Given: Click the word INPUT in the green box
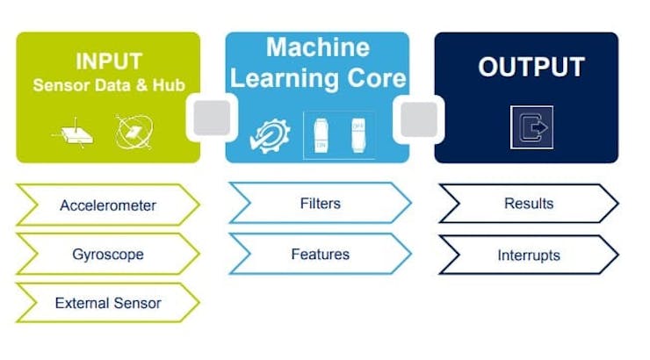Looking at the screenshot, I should point(107,62).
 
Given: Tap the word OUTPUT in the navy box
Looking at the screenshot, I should point(531,68).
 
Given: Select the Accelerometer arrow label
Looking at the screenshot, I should point(107,205).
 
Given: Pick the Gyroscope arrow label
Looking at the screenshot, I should point(107,255).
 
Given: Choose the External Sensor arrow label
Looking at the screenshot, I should point(107,304).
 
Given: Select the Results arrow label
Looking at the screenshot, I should point(528,204).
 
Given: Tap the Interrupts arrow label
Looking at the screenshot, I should point(528,256).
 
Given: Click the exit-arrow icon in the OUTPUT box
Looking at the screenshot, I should point(531,126).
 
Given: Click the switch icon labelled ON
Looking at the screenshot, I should point(321,133).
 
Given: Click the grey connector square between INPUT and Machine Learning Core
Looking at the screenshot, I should point(212,118).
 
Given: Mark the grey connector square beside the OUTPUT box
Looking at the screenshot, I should point(421,118).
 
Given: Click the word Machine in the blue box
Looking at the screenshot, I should point(319,47).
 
